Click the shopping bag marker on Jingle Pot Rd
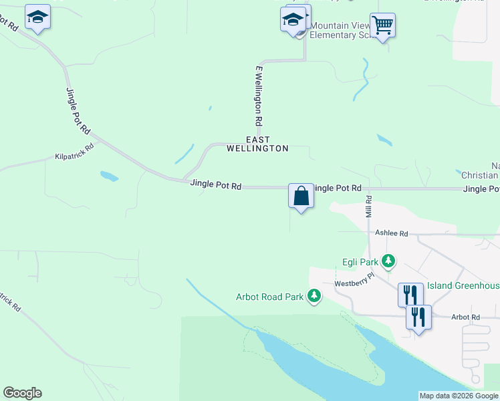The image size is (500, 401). point(301,196)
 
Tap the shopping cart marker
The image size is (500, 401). point(382,26)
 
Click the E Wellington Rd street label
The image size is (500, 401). point(258,97)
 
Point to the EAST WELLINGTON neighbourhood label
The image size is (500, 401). point(257,144)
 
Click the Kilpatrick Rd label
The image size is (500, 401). point(74,156)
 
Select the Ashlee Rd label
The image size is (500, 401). point(391,233)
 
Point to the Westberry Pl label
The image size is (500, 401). point(355,284)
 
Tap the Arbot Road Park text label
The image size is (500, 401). point(270,297)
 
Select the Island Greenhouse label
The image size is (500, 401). point(463,286)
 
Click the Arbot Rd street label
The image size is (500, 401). point(465,317)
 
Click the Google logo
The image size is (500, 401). point(22,393)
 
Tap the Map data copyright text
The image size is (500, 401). point(459,396)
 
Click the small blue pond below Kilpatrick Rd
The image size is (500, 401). point(109,176)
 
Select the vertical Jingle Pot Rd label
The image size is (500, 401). point(78,110)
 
